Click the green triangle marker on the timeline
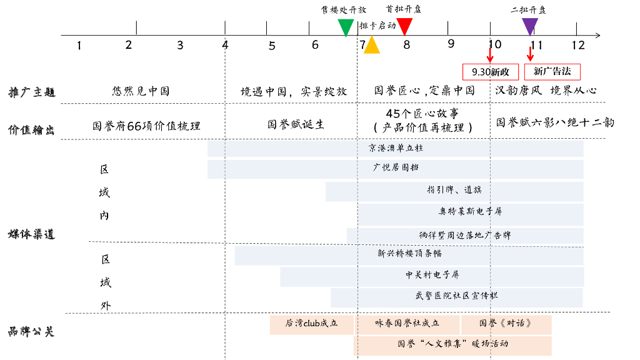pos(346,27)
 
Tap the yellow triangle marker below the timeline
pos(372,45)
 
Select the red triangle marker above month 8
pos(405,26)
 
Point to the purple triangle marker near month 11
pos(530,26)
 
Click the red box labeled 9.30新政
pos(491,71)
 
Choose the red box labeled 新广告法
pos(552,71)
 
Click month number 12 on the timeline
pos(577,45)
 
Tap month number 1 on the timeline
pos(79,45)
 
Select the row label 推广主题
pos(32,92)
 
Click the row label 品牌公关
pos(32,331)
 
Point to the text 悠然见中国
pos(141,91)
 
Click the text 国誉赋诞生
pos(296,124)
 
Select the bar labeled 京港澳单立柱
pos(395,149)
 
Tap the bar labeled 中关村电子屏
pos(431,275)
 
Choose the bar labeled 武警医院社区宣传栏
pos(456,296)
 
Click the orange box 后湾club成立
pos(311,324)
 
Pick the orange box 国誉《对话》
pos(506,324)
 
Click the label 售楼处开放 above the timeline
pos(343,9)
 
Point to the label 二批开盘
pos(528,9)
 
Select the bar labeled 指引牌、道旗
pos(454,190)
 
